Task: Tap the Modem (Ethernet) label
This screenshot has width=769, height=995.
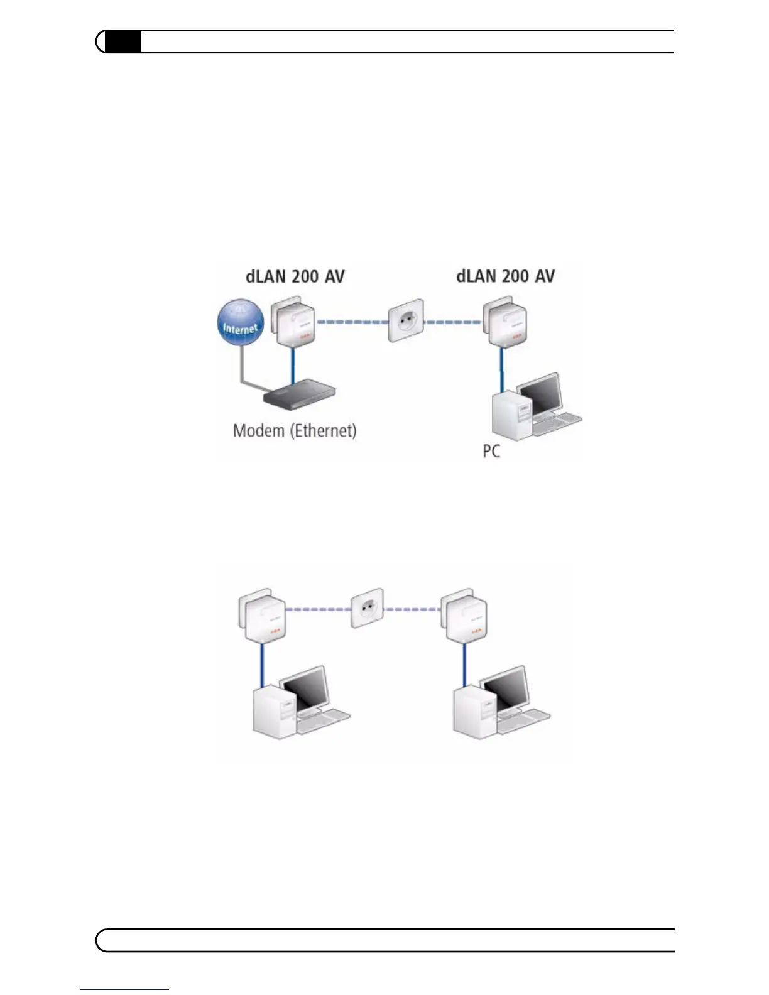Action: pyautogui.click(x=295, y=431)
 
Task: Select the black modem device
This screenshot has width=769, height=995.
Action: pyautogui.click(x=300, y=394)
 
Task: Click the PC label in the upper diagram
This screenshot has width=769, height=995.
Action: pyautogui.click(x=491, y=451)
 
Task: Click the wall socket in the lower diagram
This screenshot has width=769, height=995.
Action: pyautogui.click(x=367, y=607)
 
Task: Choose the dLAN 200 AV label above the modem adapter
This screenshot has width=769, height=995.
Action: pyautogui.click(x=295, y=276)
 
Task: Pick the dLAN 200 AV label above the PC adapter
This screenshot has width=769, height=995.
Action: pyautogui.click(x=505, y=276)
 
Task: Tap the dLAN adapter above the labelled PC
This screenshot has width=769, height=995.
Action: pyautogui.click(x=504, y=325)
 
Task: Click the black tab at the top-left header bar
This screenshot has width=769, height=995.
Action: pyautogui.click(x=123, y=41)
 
